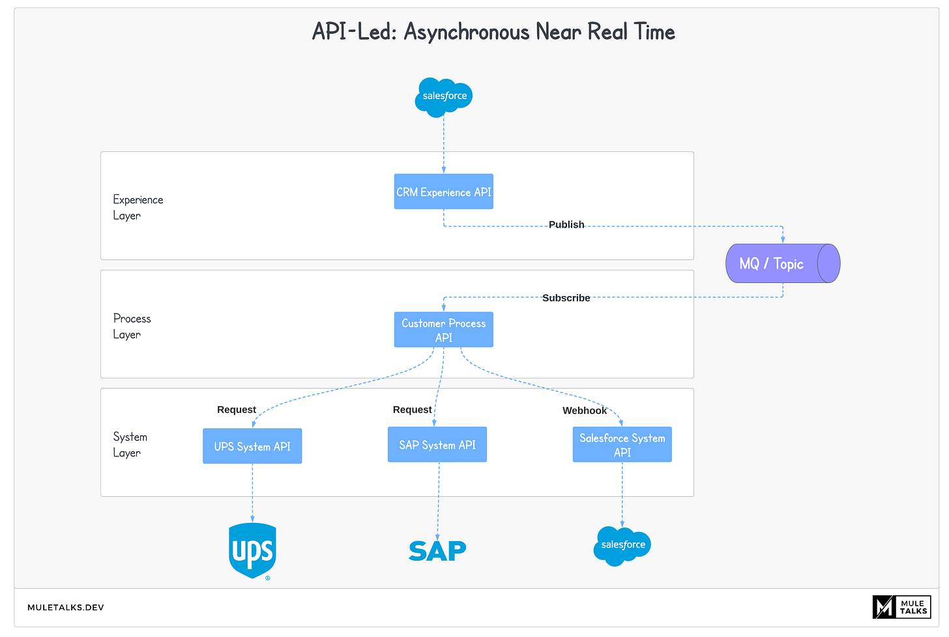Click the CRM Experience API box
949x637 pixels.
(443, 192)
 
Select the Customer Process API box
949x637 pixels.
(443, 330)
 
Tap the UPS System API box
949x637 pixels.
(252, 446)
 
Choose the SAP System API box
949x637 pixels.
(437, 445)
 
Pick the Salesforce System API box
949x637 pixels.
(622, 445)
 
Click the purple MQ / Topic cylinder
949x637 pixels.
(782, 263)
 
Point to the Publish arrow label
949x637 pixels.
(566, 224)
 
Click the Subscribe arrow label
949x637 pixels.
(566, 298)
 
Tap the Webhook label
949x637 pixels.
(585, 410)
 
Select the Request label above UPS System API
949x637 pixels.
(237, 409)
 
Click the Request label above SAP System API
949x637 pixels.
(412, 409)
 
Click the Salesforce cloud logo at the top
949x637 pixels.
(444, 96)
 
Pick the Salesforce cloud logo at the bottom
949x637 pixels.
(622, 545)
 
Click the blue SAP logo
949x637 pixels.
(437, 551)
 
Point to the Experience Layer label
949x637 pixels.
(138, 207)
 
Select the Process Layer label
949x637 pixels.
(132, 326)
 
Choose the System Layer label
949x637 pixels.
(130, 445)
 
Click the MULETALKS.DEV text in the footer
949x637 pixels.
(65, 607)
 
